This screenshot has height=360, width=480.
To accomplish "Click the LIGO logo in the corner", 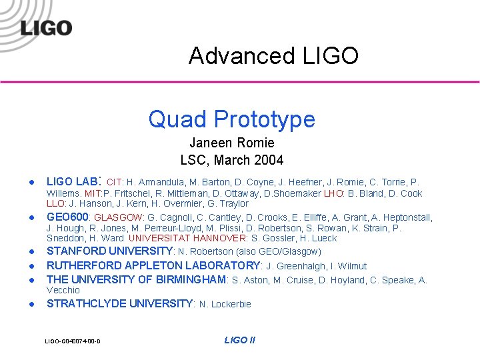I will tap(46, 27).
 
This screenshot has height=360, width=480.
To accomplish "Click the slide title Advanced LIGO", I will tap(273, 55).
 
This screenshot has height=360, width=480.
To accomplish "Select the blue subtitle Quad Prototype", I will tap(231, 119).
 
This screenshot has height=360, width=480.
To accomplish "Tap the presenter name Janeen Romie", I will tap(231, 143).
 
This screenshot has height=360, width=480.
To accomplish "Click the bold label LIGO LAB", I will tap(71, 181).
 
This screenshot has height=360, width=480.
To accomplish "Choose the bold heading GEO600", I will tap(69, 217).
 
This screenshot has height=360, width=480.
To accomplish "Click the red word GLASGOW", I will tap(118, 218).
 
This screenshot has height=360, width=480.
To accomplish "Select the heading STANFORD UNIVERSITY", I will tap(109, 251).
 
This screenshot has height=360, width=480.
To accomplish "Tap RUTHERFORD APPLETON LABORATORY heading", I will tap(153, 265).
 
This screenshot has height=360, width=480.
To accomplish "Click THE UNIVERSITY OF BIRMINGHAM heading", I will tap(136, 280).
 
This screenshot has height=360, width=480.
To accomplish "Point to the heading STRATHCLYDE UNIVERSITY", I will tap(119, 304).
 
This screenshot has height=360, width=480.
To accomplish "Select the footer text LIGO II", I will tap(239, 340).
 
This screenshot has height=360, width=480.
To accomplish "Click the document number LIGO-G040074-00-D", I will tap(73, 341).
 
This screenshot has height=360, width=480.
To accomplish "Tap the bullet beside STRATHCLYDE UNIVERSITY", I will tap(31, 305).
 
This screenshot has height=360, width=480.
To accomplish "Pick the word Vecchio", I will tap(63, 290).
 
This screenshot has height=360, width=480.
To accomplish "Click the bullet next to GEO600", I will tap(31, 218).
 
